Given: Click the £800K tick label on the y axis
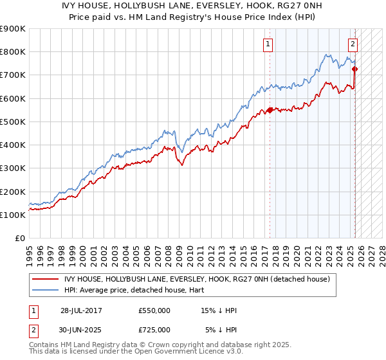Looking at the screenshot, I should [13, 52].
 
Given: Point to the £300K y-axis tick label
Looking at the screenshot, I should [13, 168].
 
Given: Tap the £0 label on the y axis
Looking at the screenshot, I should [21, 239].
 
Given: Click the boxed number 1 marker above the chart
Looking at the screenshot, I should [267, 44].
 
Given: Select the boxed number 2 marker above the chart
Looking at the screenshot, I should [353, 44].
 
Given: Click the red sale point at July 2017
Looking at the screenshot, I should [270, 110].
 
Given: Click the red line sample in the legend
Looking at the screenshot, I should [46, 279].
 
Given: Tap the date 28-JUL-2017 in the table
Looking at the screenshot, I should [81, 310].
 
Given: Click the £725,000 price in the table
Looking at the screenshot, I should [154, 330].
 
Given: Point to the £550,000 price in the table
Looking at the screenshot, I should [154, 310].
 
